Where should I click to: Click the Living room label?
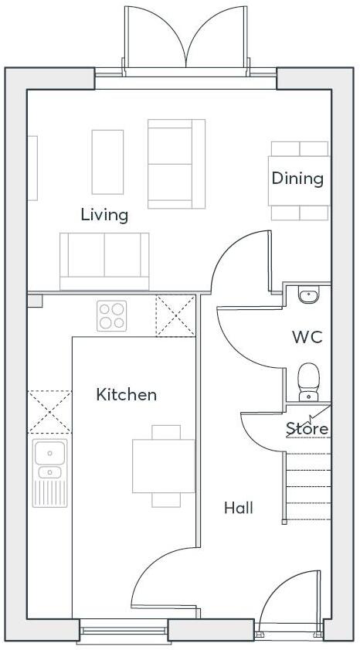(x=104, y=215)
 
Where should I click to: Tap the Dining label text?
(x=297, y=179)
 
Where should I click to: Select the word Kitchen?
(x=126, y=395)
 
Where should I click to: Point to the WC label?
(x=307, y=338)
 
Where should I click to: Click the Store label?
(x=307, y=428)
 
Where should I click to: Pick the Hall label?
(x=239, y=508)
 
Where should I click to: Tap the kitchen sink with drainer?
(x=49, y=473)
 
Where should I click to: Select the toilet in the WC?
(x=308, y=381)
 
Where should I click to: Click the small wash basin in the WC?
(x=308, y=294)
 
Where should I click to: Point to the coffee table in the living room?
(x=107, y=161)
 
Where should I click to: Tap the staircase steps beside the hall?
(x=308, y=487)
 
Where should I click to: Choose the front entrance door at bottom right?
(x=290, y=611)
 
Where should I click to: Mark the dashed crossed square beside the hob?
(x=175, y=316)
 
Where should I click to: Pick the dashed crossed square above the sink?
(x=49, y=411)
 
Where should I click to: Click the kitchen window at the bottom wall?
(x=124, y=633)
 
